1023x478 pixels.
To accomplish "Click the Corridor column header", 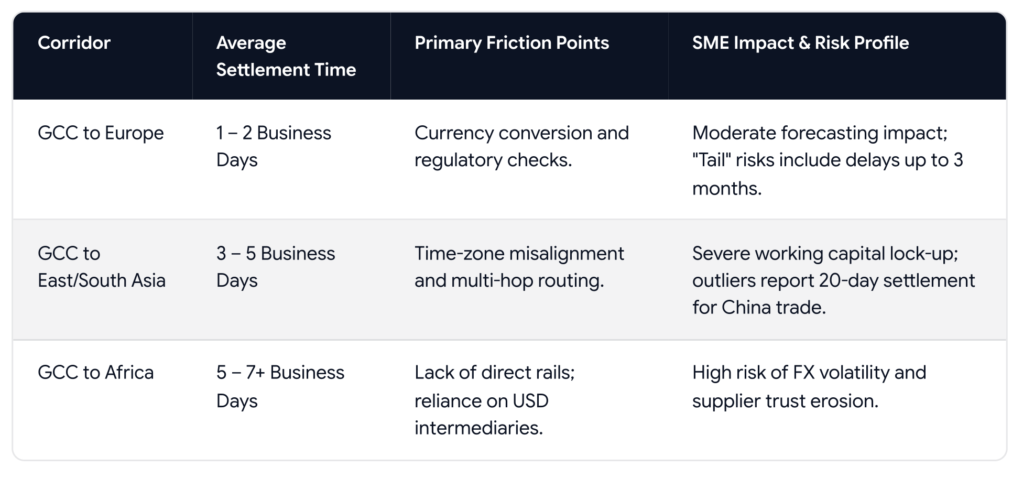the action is click(x=74, y=42).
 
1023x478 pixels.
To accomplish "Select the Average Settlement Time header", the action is click(x=286, y=56).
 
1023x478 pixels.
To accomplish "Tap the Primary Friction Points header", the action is click(x=511, y=42).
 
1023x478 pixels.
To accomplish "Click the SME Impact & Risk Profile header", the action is click(x=800, y=42).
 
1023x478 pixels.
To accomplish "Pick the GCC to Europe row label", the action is click(x=101, y=133).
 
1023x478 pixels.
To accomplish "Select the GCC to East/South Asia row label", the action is click(x=102, y=267).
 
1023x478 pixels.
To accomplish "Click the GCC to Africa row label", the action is click(x=96, y=373).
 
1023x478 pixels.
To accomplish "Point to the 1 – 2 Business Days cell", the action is click(x=274, y=146).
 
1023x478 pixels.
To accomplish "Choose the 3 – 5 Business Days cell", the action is click(x=276, y=267).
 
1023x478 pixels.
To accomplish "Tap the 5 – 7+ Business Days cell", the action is click(x=280, y=387).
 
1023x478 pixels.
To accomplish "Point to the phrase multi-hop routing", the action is click(x=527, y=280).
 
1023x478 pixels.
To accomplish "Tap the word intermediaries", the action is click(x=478, y=428).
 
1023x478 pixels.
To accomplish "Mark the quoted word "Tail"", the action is click(x=711, y=160).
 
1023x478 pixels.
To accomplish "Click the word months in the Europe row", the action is click(x=727, y=188).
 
